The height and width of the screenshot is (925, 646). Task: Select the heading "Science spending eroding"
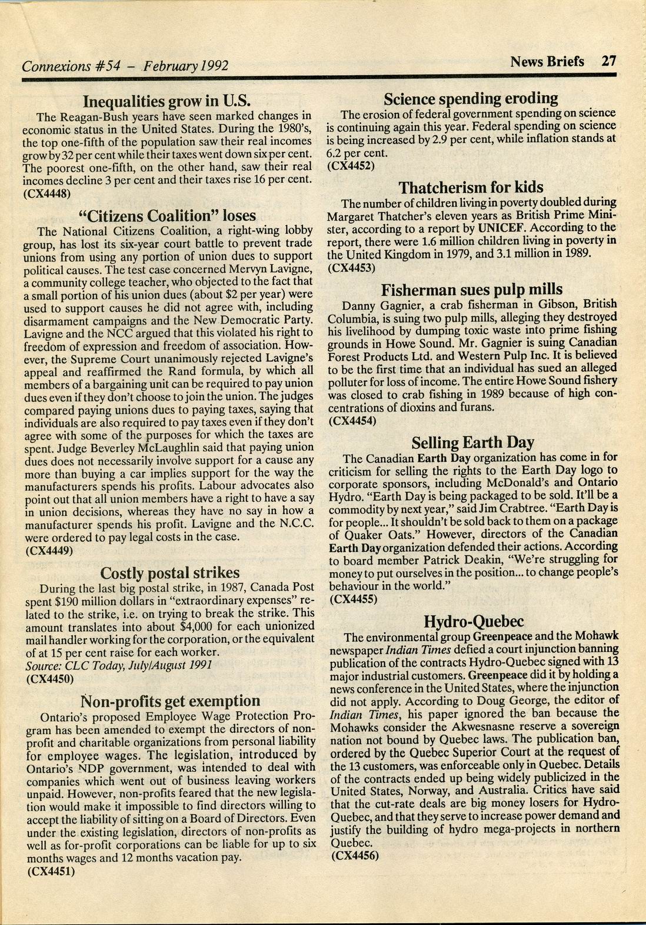click(471, 98)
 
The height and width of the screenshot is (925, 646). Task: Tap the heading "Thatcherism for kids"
click(471, 188)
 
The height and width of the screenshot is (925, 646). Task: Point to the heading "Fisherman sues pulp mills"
click(472, 289)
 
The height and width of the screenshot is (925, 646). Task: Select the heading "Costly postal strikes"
click(170, 572)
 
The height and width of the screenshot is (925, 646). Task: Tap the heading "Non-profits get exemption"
click(170, 701)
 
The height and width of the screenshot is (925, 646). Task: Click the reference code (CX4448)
click(47, 192)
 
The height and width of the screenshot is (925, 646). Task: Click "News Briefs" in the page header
click(547, 61)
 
